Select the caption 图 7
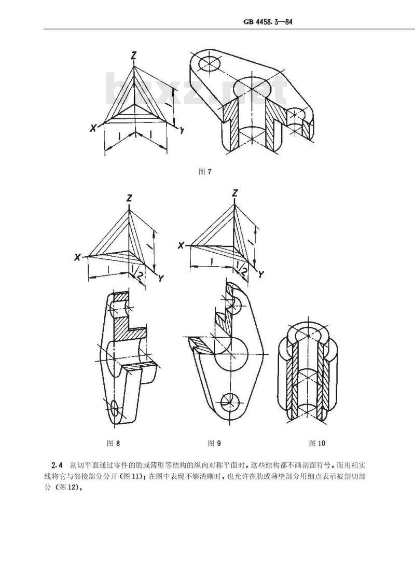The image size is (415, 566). click(x=205, y=172)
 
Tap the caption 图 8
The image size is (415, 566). click(x=113, y=443)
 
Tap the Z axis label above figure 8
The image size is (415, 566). click(x=129, y=198)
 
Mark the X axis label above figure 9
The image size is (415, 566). click(x=181, y=246)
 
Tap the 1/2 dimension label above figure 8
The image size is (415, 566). click(x=135, y=272)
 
